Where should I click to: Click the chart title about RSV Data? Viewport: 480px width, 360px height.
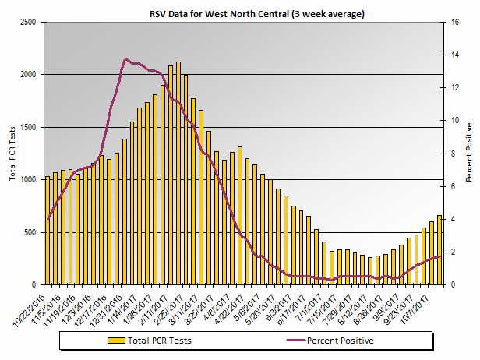point(257,14)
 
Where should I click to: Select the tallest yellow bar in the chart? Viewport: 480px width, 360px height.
point(178,173)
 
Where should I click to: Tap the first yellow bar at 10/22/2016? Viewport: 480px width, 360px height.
point(48,231)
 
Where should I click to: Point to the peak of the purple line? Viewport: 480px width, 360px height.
point(125,59)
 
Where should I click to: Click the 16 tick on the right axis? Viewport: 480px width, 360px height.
point(456,22)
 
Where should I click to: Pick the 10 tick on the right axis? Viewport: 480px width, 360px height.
point(456,121)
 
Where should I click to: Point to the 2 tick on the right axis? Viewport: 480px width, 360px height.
point(454,252)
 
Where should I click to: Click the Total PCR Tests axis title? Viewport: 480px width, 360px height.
point(13,153)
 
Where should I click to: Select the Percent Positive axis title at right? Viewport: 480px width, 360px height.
point(469,153)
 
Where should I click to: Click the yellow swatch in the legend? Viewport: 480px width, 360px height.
point(117,341)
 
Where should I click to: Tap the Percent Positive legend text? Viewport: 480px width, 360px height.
point(341,341)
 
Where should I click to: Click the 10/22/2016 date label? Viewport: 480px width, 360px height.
point(30,305)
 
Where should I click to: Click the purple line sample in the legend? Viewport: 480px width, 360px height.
point(284,341)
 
